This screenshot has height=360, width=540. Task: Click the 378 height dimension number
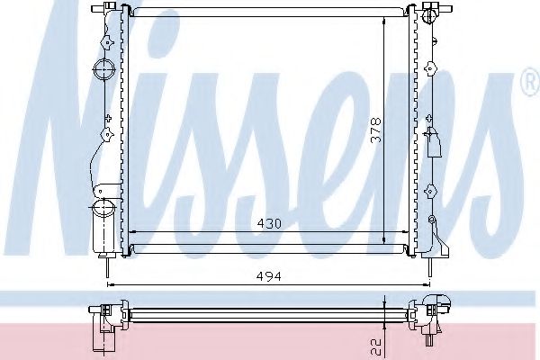[x=376, y=132]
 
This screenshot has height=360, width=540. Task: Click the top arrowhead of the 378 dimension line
[x=385, y=20]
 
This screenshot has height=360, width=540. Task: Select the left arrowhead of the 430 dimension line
[x=133, y=231]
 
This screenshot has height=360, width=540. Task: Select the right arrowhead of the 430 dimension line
[x=409, y=231]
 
